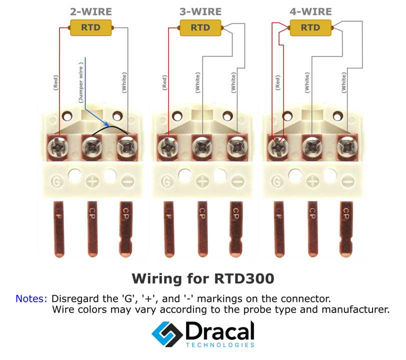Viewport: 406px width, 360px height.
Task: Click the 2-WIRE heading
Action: tap(91, 11)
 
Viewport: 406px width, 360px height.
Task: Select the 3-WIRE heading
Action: tap(201, 11)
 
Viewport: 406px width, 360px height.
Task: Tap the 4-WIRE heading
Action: tap(310, 11)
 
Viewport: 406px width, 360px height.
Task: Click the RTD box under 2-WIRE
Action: tap(91, 27)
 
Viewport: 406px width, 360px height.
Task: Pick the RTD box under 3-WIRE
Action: tap(201, 27)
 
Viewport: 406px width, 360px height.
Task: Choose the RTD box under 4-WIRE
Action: tap(310, 27)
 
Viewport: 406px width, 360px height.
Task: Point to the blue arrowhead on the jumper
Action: tap(107, 124)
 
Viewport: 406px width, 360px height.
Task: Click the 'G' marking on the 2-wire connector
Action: tap(57, 181)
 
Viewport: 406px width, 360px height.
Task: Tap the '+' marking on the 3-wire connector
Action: tap(202, 181)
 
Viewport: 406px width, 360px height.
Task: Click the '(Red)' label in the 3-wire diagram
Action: tap(164, 82)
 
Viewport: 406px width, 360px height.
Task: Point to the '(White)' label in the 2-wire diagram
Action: tap(124, 82)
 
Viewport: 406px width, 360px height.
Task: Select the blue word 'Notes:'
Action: tap(31, 299)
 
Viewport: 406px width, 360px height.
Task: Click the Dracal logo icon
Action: tap(166, 333)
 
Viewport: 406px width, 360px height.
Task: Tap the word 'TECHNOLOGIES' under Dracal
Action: tap(220, 345)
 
